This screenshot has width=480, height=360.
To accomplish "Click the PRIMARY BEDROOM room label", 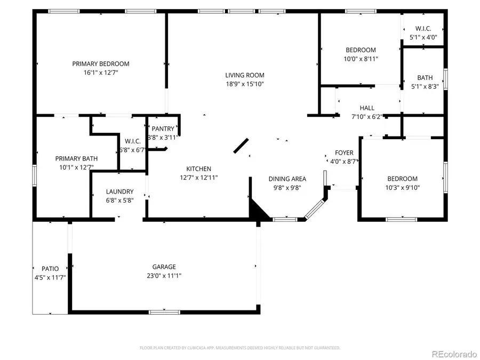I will (101, 64).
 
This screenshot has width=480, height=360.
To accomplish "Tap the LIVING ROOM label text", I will (244, 75).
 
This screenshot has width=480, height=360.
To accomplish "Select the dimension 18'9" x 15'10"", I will (244, 84).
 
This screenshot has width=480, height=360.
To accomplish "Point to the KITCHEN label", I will (198, 169).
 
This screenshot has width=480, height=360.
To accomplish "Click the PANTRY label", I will (163, 129).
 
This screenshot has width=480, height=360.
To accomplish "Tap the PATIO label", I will (50, 269).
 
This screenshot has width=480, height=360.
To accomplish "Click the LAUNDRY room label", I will (119, 192).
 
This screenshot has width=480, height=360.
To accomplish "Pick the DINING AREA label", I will (287, 179).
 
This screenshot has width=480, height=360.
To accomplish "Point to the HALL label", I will (367, 108).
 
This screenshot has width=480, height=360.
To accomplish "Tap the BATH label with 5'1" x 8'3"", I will (425, 78).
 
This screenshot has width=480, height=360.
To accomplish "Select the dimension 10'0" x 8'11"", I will (361, 59).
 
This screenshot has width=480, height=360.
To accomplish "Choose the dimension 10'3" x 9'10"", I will (403, 187).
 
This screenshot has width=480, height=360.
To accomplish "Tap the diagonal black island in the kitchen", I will (241, 146).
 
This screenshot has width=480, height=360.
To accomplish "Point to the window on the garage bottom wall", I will (157, 311).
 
